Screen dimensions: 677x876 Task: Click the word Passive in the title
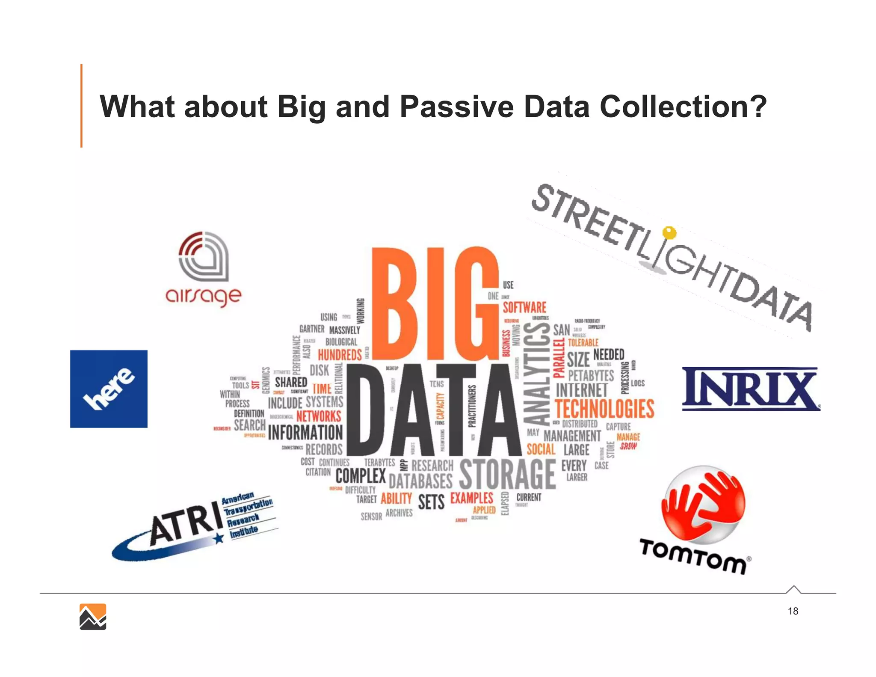click(456, 107)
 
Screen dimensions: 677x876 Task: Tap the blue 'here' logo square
click(109, 389)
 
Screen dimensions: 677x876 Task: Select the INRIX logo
click(751, 389)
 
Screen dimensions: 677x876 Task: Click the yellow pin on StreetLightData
click(669, 233)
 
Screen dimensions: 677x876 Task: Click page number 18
click(793, 611)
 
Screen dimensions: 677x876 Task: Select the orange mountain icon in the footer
click(93, 617)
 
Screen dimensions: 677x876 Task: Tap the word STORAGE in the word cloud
click(507, 475)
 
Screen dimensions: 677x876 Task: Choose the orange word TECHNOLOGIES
click(604, 409)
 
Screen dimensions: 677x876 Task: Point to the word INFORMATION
click(305, 433)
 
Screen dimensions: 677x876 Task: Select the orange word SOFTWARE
click(524, 307)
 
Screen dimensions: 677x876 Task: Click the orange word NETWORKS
click(319, 416)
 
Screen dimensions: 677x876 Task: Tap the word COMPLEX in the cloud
click(361, 476)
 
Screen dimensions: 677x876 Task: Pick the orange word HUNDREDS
click(340, 355)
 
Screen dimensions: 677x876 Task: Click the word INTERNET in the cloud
click(581, 390)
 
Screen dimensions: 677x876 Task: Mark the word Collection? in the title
click(683, 107)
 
